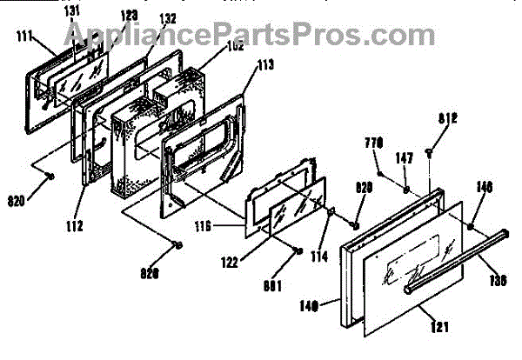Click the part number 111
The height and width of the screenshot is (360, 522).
tap(23, 36)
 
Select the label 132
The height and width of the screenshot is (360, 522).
tap(166, 18)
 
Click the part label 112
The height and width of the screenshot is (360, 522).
tap(73, 228)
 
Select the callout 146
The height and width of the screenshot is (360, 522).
tap(485, 185)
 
